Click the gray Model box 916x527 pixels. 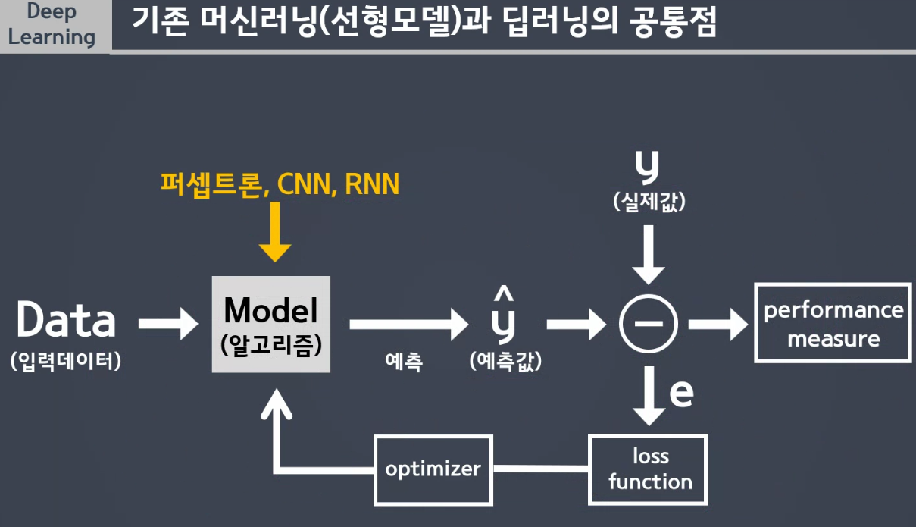[271, 324]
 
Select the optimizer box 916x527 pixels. [433, 469]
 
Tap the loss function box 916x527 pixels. [649, 469]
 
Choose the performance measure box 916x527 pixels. [833, 323]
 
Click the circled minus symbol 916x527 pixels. [648, 324]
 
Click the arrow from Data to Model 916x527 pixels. [167, 324]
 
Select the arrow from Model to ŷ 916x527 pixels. [409, 324]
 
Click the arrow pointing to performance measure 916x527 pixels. [718, 324]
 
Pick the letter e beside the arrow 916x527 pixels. [681, 393]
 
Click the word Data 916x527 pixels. [66, 320]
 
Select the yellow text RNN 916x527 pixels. [371, 184]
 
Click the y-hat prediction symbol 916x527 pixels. [503, 316]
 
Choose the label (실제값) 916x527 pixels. [649, 202]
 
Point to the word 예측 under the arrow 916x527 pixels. [404, 362]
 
